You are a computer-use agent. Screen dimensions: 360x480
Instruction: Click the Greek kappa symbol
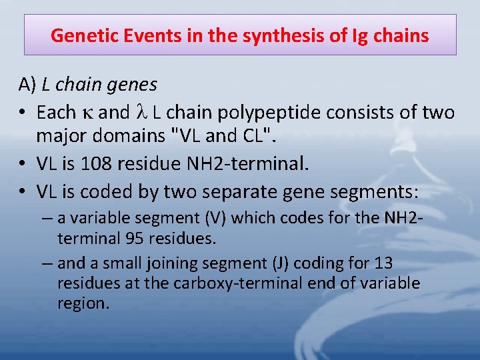click(x=87, y=111)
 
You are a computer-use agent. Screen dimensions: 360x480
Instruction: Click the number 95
click(x=150, y=238)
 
